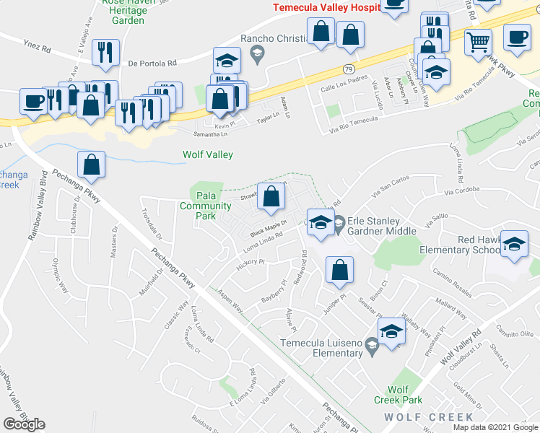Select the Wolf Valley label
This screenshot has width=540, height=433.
pos(207,154)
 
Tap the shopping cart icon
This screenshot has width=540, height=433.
pos(477,43)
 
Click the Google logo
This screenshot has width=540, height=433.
pos(24,424)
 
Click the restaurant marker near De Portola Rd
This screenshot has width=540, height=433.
pos(105,52)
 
